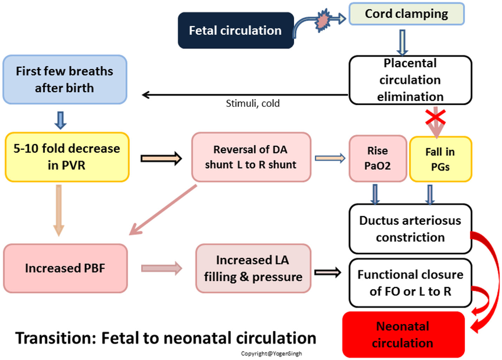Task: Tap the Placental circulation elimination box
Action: coord(411,80)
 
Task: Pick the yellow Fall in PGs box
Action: coord(440,159)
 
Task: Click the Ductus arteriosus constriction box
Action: coord(410,229)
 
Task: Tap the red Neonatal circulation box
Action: coord(403,335)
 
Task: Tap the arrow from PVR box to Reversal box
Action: coord(161,158)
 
